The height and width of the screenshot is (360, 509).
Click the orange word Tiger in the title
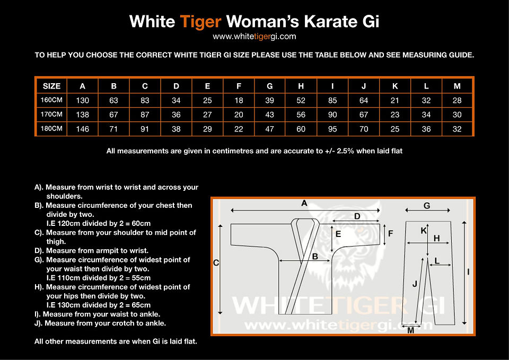[x=200, y=22]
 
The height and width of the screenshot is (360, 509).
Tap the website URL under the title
[x=254, y=37]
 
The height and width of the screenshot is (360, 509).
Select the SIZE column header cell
[x=51, y=86]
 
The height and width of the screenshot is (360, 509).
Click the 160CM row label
[x=51, y=100]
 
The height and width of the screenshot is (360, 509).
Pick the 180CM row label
[x=51, y=128]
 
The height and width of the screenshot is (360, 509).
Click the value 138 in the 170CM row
[x=82, y=115]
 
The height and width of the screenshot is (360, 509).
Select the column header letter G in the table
[x=270, y=86]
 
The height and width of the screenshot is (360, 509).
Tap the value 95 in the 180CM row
[x=333, y=129]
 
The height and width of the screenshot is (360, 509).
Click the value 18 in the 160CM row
[x=239, y=100]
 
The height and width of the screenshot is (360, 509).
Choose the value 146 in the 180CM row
[x=82, y=129]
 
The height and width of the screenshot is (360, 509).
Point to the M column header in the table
[x=458, y=86]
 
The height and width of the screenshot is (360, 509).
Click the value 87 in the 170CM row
[x=145, y=115]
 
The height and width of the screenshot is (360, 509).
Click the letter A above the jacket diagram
[x=304, y=203]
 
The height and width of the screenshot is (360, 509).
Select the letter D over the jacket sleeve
[x=357, y=216]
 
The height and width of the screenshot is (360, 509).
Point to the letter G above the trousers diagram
[x=427, y=206]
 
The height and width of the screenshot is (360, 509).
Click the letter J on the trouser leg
[x=415, y=284]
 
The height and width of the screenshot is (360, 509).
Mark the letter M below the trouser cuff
[x=410, y=330]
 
